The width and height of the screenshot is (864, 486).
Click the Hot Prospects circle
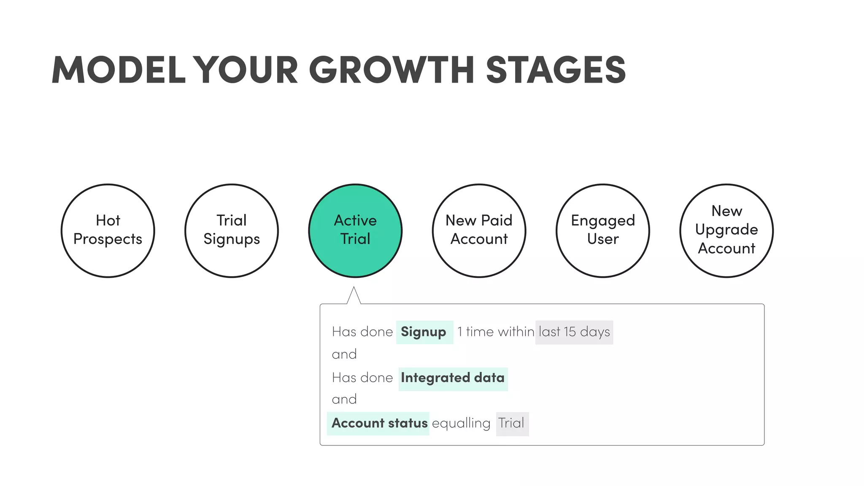click(108, 230)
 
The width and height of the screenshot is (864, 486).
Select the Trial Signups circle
click(232, 230)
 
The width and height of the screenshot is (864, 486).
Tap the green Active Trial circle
click(355, 230)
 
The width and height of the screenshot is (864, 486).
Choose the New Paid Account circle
click(479, 230)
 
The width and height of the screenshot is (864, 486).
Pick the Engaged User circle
click(603, 230)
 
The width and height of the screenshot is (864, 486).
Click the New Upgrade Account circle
click(726, 230)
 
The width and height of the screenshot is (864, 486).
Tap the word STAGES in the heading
click(556, 70)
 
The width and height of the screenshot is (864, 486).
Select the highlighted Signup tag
click(424, 332)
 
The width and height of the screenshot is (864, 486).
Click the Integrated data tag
click(453, 378)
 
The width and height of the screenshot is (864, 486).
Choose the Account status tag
click(378, 423)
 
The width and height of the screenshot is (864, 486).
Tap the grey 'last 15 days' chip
click(574, 332)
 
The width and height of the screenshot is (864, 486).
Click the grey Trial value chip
click(512, 423)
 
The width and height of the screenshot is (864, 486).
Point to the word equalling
click(461, 423)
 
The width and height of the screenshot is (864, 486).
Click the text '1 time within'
click(495, 332)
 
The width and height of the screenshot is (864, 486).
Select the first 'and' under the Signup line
click(344, 354)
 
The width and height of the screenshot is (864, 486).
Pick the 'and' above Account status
click(344, 400)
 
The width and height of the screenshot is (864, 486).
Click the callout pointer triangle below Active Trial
click(354, 297)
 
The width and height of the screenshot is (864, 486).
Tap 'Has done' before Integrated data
click(362, 378)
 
